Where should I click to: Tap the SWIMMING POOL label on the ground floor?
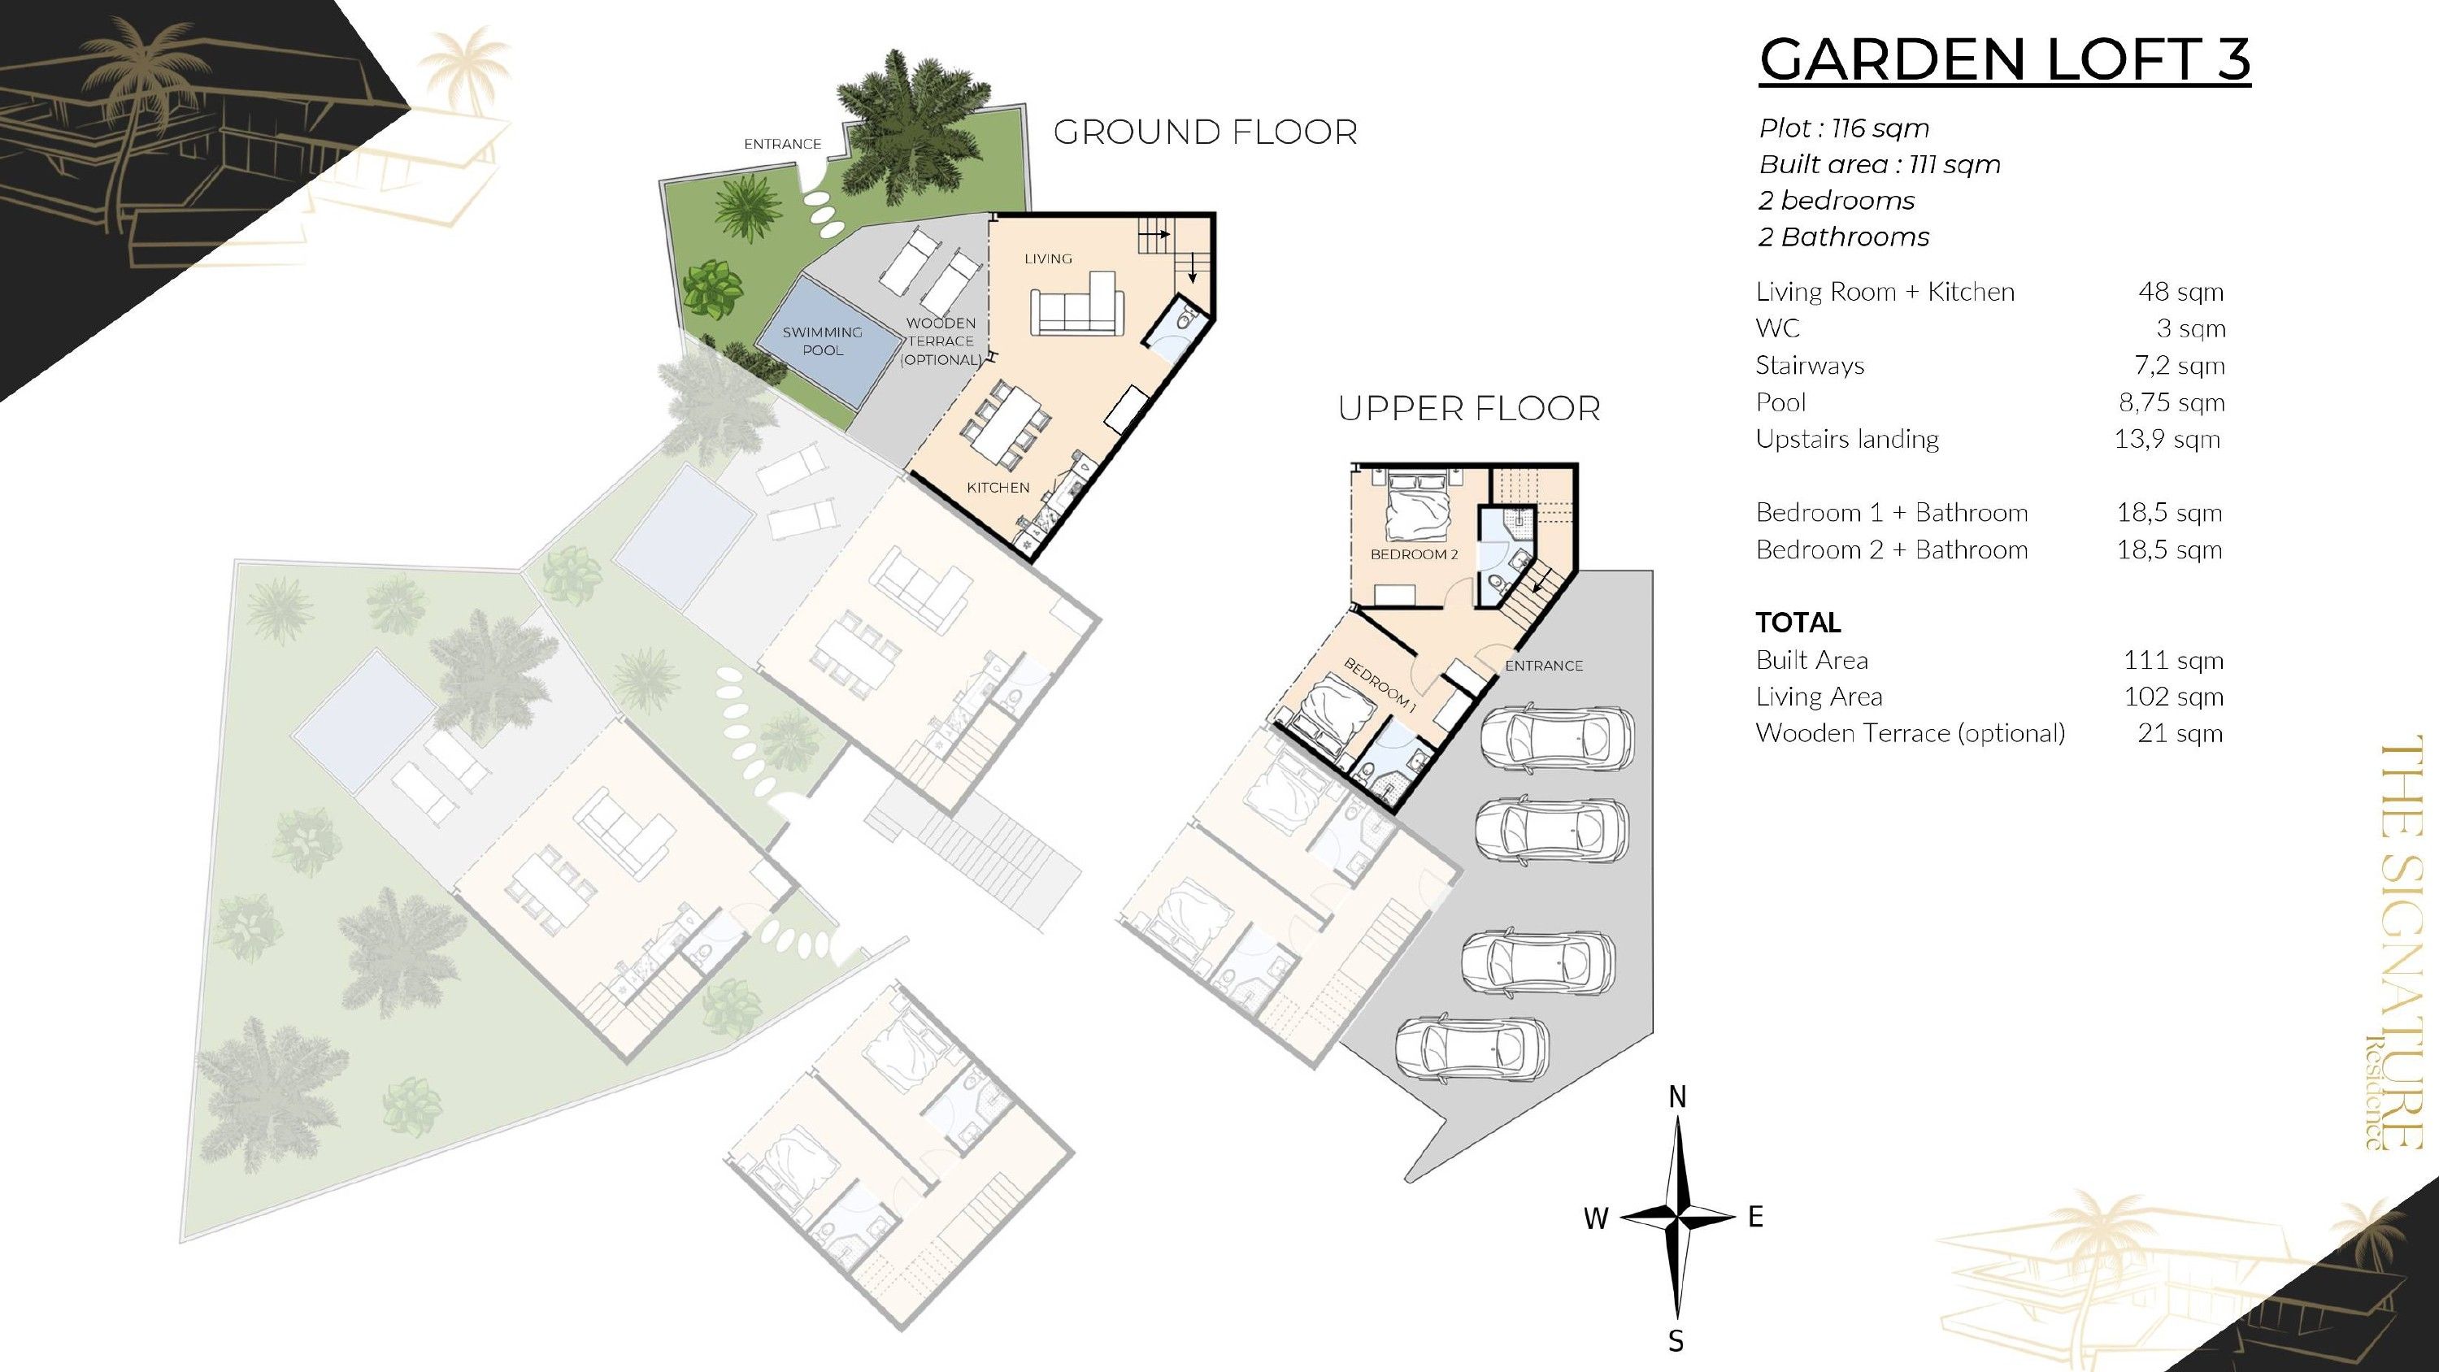pos(822,341)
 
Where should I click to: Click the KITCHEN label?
pos(998,488)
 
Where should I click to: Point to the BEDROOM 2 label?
pos(1415,554)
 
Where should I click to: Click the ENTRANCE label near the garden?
pos(782,144)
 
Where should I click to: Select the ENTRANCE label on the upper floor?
pos(1543,666)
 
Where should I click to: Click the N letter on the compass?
pos(1676,1097)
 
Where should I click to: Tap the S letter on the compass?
pos(1676,1342)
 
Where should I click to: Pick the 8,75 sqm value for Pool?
pos(2171,402)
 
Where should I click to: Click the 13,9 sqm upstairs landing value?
pos(2167,440)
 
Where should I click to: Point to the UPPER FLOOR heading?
pos(1468,408)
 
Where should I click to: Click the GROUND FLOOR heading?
pos(1206,132)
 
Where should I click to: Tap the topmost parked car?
pos(1557,736)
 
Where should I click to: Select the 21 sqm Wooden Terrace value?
pos(2180,733)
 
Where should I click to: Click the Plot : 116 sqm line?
pos(1843,128)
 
